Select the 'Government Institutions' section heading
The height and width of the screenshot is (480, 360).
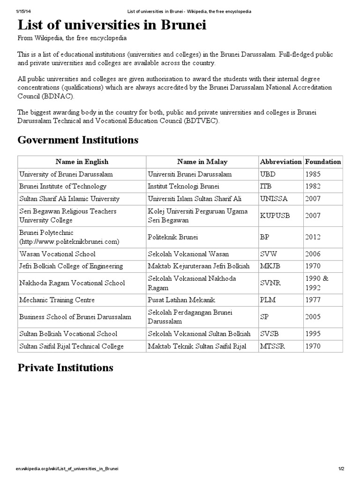pyautogui.click(x=78, y=140)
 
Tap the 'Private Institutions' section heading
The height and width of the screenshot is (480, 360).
pyautogui.click(x=65, y=367)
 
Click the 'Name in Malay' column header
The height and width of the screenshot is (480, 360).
pyautogui.click(x=202, y=162)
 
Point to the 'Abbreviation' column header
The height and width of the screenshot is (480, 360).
pyautogui.click(x=280, y=162)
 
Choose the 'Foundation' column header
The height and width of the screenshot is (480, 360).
pyautogui.click(x=323, y=162)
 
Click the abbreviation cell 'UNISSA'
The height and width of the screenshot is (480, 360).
pyautogui.click(x=273, y=199)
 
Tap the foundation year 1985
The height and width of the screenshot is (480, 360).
pyautogui.click(x=313, y=174)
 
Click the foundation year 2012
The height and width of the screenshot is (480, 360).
pyautogui.click(x=313, y=237)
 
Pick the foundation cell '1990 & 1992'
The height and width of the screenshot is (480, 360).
pyautogui.click(x=317, y=283)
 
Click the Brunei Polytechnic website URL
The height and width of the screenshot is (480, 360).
pyautogui.click(x=69, y=241)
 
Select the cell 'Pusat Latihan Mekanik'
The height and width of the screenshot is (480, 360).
pyautogui.click(x=180, y=300)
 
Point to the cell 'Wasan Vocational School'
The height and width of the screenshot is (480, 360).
pyautogui.click(x=57, y=254)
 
